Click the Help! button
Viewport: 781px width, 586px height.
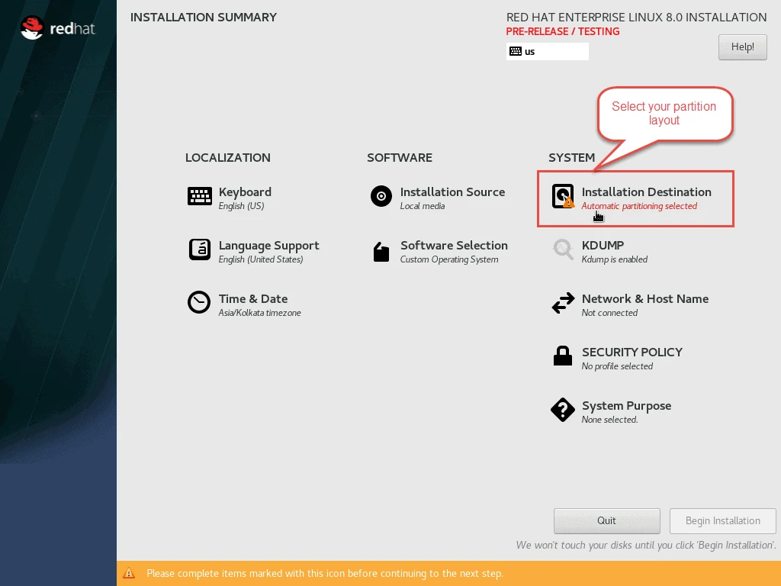[742, 47]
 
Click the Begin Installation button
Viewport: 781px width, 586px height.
[722, 520]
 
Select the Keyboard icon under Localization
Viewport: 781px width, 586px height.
[200, 197]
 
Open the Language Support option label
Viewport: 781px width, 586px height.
[268, 246]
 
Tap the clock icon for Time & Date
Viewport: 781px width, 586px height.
[199, 303]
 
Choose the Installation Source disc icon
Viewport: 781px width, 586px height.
[381, 197]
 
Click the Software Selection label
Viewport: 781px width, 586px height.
[454, 246]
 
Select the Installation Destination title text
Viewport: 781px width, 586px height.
[646, 192]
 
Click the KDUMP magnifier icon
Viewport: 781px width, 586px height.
[563, 250]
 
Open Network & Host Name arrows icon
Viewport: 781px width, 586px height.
[563, 304]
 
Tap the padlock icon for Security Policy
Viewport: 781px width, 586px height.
[563, 356]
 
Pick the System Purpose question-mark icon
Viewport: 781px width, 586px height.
[563, 410]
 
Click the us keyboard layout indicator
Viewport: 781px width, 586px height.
[547, 52]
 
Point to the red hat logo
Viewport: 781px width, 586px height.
[58, 29]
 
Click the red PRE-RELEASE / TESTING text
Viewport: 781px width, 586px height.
[563, 32]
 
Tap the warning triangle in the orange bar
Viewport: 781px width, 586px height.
[130, 573]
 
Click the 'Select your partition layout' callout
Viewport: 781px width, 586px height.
[664, 114]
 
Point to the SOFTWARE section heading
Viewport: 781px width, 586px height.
[400, 158]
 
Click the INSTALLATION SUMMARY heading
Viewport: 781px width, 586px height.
[204, 18]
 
